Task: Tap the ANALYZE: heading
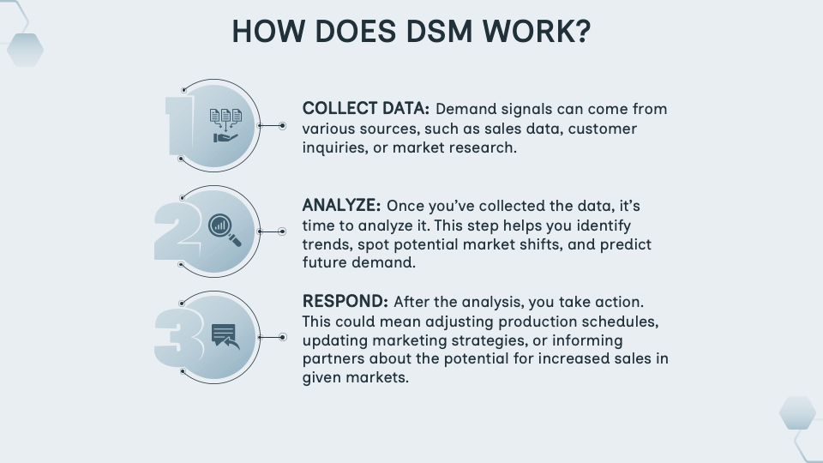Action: [341, 206]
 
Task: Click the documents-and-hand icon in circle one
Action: [225, 125]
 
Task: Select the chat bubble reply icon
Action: [225, 336]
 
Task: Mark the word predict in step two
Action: [627, 244]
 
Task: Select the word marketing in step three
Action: [406, 340]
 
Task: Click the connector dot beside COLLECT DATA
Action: [284, 126]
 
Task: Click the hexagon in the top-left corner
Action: [25, 50]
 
